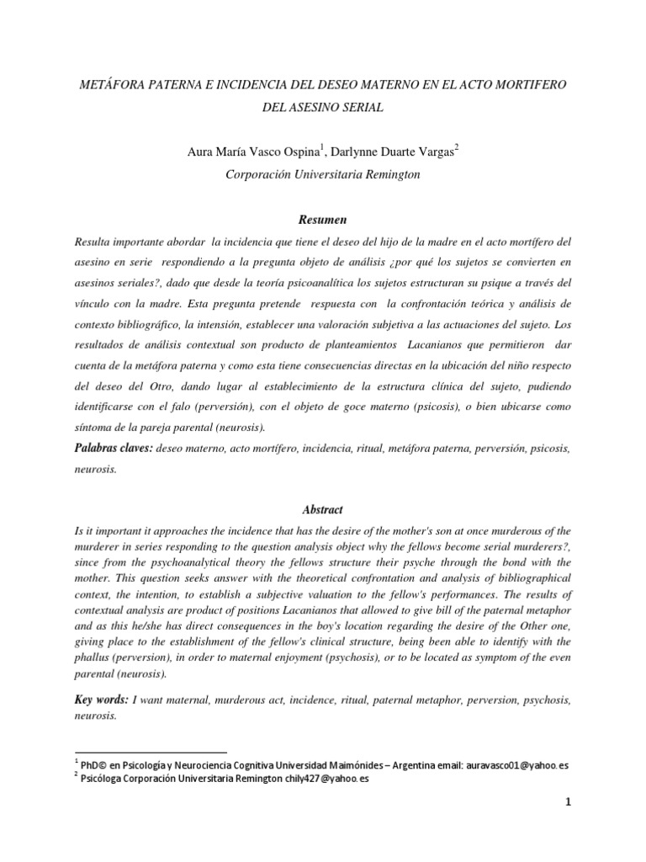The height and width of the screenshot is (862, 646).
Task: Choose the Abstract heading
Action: click(x=323, y=509)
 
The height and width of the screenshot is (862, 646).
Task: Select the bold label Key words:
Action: click(x=102, y=700)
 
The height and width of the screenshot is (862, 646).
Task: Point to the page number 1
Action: click(x=568, y=827)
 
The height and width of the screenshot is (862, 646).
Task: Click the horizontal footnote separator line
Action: click(x=151, y=753)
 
